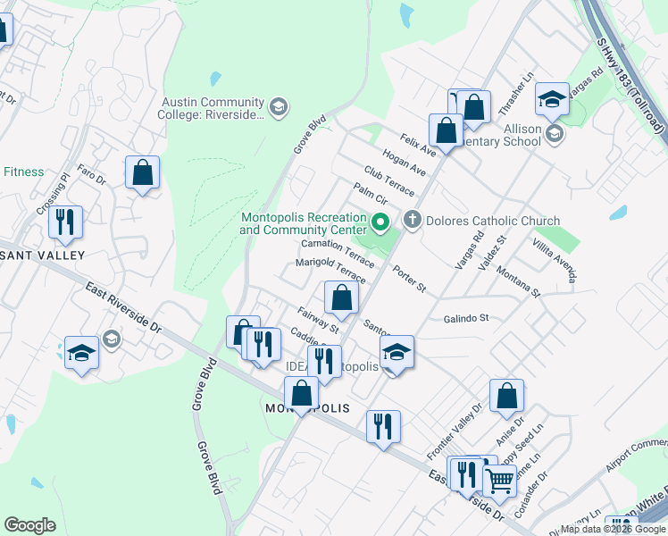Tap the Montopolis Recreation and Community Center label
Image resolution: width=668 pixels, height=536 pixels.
point(303,223)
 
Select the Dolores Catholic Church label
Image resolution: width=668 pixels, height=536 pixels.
point(493,221)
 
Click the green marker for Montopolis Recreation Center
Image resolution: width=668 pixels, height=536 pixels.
point(380,222)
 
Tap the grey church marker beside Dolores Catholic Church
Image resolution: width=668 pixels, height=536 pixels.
point(412,219)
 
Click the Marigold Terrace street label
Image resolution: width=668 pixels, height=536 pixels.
point(330,269)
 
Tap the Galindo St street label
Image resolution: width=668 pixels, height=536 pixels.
point(466,318)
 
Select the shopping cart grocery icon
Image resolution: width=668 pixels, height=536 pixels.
point(499,480)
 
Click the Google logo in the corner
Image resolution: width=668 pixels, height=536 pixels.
point(29,525)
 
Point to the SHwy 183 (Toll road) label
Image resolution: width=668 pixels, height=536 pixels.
point(631,86)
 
